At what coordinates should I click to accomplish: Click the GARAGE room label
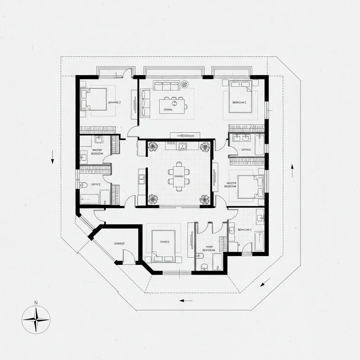[120, 243]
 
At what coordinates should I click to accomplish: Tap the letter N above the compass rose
[36, 303]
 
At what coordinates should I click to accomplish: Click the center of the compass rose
[36, 320]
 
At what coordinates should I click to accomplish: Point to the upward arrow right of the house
[292, 171]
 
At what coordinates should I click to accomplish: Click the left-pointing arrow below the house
[186, 301]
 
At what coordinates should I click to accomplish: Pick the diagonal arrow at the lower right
[265, 282]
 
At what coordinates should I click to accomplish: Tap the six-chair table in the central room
[179, 176]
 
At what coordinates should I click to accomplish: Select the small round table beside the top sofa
[185, 84]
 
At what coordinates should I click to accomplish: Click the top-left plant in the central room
[153, 146]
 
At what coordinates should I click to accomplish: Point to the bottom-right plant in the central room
[204, 199]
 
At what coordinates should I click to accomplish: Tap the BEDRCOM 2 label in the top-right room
[239, 103]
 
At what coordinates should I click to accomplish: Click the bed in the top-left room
[94, 99]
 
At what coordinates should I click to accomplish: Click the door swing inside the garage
[129, 257]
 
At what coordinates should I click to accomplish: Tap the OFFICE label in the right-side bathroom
[246, 150]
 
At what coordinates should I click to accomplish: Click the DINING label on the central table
[179, 176]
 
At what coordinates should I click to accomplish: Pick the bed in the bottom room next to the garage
[163, 245]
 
